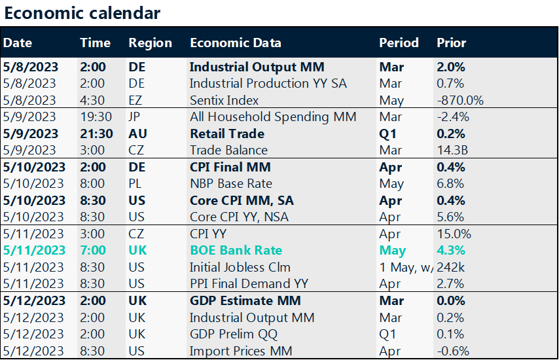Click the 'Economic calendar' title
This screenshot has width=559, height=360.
[x=82, y=13]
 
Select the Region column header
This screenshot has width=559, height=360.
[x=150, y=43]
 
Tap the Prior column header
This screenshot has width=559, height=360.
[x=451, y=43]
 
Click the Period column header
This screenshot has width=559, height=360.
[x=399, y=43]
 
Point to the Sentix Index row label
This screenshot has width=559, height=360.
[x=224, y=100]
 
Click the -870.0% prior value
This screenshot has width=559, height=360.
[x=460, y=100]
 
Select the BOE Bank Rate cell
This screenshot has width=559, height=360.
[x=236, y=250]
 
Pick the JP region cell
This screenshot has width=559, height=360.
[x=136, y=117]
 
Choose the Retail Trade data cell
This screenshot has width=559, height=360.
[x=226, y=134]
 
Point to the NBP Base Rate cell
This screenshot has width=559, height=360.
[x=230, y=183]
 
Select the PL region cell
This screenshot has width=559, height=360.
[x=136, y=183]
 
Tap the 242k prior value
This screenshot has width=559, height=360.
[x=450, y=267]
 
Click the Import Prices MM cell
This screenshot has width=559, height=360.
[x=239, y=350]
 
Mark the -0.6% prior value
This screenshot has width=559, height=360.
[x=453, y=350]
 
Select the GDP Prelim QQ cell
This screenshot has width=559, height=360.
[x=233, y=334]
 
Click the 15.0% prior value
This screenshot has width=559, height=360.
[x=453, y=234]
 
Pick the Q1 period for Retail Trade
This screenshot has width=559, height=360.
[x=388, y=134]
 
